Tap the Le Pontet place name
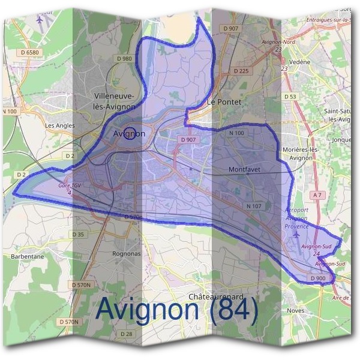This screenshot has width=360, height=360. [x=224, y=103]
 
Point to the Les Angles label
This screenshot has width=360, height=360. [x=60, y=125]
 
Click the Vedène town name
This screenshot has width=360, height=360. [x=299, y=62]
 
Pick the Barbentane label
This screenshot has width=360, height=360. [x=28, y=256]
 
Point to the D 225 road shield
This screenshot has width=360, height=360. [x=240, y=71]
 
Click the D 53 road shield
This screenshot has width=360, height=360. [x=290, y=97]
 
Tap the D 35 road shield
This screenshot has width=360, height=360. [x=79, y=234]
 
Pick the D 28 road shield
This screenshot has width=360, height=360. [x=126, y=334]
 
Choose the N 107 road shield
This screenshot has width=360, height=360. [x=254, y=206]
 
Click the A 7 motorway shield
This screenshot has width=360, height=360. [x=317, y=195]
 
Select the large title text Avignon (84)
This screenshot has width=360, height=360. [x=177, y=310]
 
